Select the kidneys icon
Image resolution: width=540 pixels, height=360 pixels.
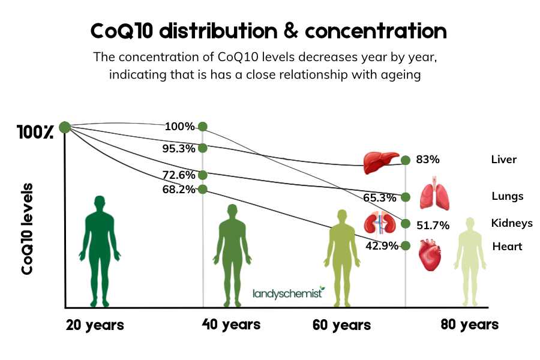point(378,223)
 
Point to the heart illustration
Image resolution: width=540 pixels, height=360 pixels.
point(429,254)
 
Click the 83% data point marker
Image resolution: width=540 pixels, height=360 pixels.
point(406,160)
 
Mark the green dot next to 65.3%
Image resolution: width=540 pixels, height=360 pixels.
point(406,197)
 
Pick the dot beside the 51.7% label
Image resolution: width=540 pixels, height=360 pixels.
point(406,224)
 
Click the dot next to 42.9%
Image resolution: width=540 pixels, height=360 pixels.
point(406,245)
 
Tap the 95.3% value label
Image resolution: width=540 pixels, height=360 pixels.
point(178,148)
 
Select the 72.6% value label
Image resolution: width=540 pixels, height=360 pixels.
point(178,175)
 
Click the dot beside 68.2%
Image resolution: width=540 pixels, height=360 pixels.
point(203,189)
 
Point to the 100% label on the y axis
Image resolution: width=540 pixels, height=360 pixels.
point(35,133)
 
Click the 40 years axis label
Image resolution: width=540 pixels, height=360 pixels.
point(231,325)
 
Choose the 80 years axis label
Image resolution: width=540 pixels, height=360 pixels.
point(469,325)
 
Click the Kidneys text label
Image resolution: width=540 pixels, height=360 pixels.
point(511,223)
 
